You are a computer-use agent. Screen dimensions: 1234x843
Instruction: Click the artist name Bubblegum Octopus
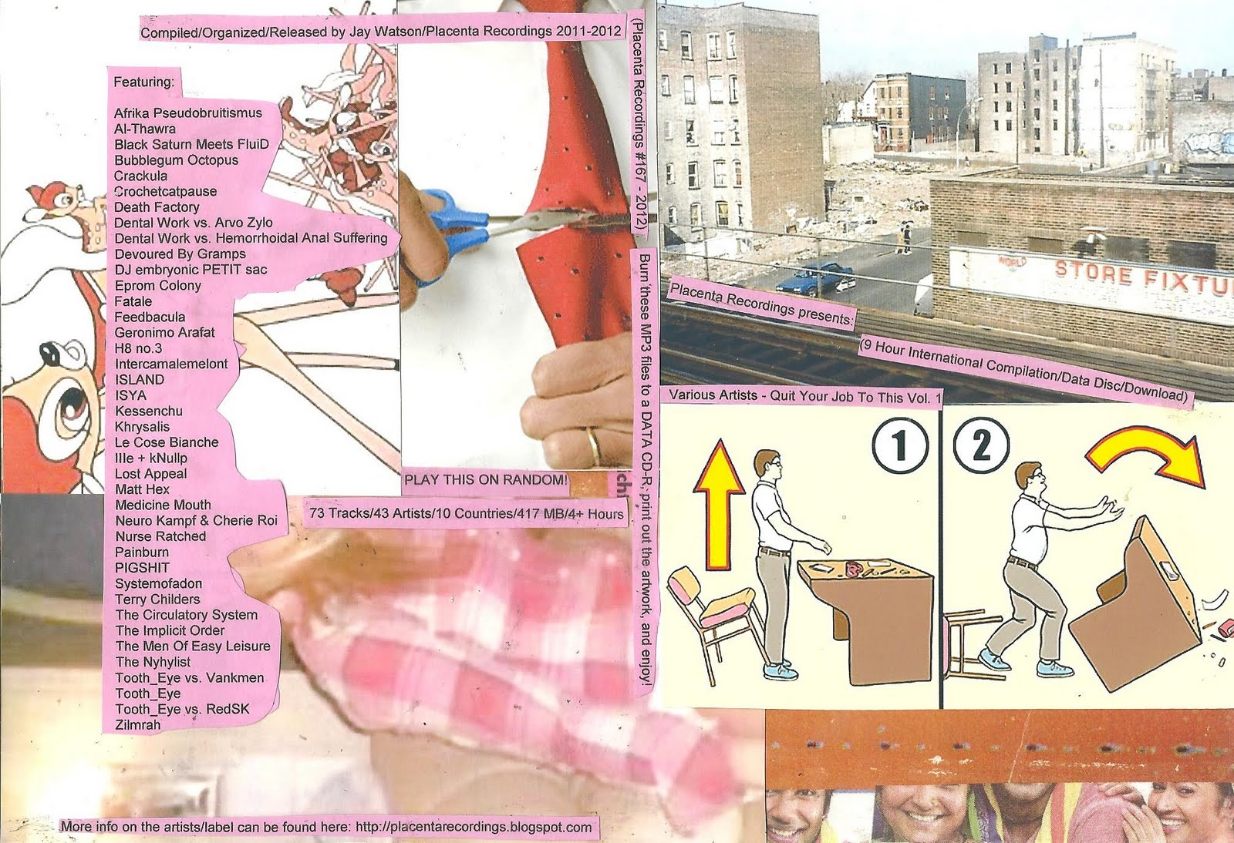[x=177, y=160]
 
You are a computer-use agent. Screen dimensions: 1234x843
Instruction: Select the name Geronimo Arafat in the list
[x=165, y=332]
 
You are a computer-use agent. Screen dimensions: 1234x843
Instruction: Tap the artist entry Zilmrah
[x=138, y=724]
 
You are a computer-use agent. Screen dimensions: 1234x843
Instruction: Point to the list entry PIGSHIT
[x=142, y=567]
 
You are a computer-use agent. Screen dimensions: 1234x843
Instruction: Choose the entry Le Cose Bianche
[x=167, y=442]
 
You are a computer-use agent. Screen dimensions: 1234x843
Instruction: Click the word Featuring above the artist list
[x=143, y=82]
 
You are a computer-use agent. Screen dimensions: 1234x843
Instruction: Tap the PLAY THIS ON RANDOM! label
[x=485, y=480]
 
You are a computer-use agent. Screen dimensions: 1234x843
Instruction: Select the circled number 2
[x=981, y=445]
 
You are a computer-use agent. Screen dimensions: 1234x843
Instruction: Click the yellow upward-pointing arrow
[x=720, y=503]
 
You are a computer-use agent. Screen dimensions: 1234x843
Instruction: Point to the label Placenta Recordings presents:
[x=760, y=304]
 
